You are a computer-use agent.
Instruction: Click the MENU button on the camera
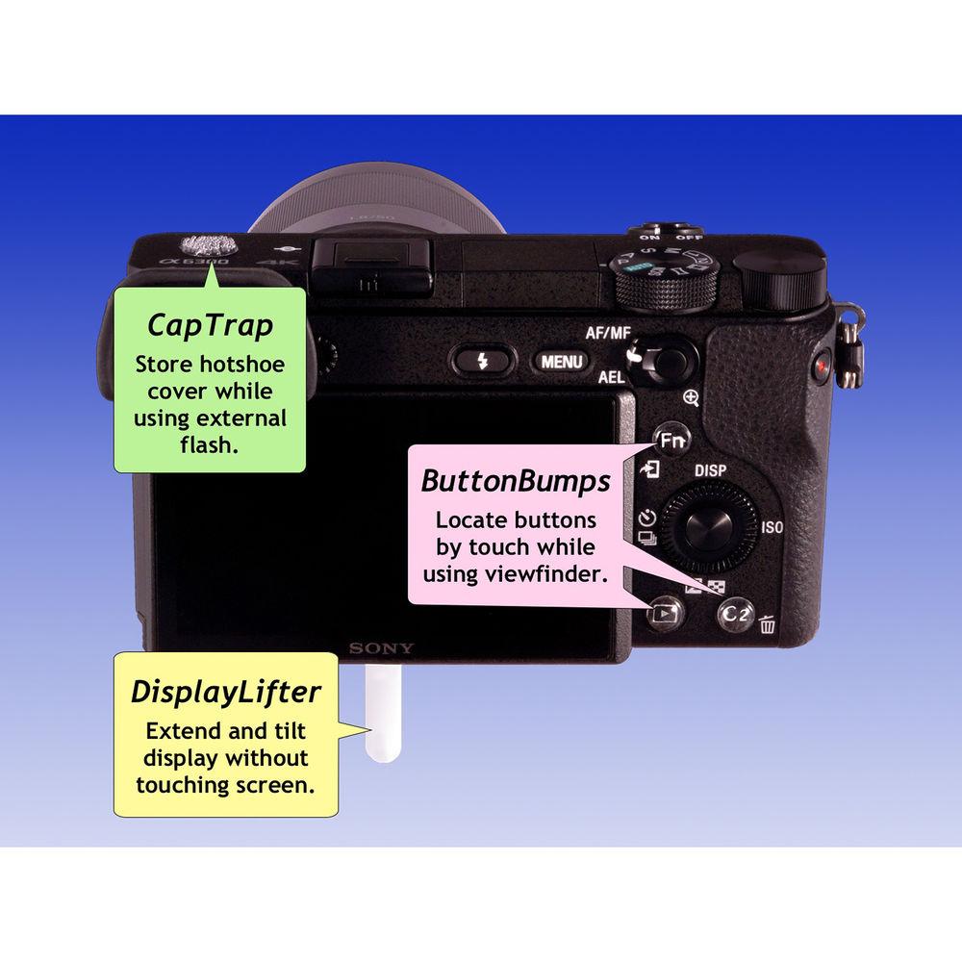pos(561,362)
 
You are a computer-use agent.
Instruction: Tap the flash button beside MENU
pos(484,362)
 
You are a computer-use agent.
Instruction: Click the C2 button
pos(735,617)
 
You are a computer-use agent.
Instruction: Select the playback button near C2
pos(663,610)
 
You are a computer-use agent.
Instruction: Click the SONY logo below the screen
pos(381,648)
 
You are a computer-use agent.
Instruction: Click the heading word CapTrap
pos(210,325)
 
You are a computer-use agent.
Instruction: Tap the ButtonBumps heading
pos(516,480)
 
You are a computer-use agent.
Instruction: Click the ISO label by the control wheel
pos(772,528)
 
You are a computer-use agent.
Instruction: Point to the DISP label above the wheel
pos(710,472)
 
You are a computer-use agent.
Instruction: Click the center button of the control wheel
pos(711,529)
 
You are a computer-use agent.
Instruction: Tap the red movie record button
pos(822,367)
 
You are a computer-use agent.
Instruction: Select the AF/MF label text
pos(608,334)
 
